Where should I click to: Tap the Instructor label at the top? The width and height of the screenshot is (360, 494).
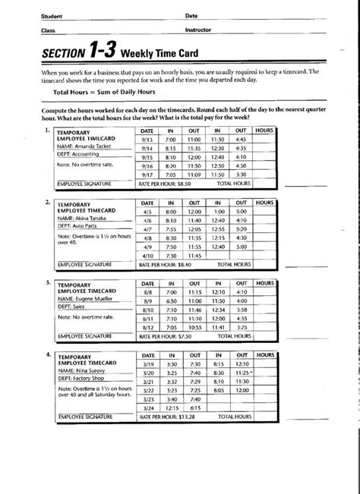pyautogui.click(x=197, y=30)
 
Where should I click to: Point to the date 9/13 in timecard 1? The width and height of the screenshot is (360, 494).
pyautogui.click(x=147, y=140)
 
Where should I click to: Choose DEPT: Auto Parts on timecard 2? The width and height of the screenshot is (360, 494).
pyautogui.click(x=81, y=225)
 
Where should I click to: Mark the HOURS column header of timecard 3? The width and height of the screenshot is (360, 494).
pyautogui.click(x=264, y=282)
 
